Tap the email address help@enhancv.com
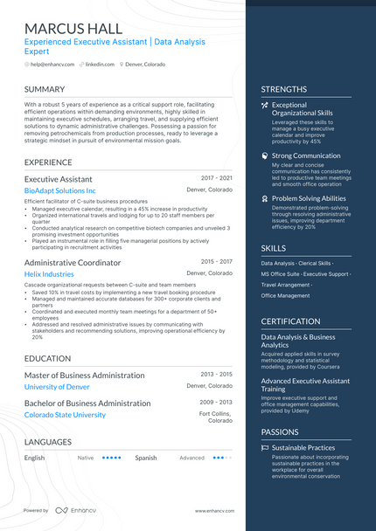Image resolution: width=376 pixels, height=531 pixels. coord(51,64)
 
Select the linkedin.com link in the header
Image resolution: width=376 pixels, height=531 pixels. coord(99,64)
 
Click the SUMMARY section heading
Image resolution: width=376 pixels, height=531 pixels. coord(44,89)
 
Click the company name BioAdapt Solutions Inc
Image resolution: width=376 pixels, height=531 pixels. coord(59,190)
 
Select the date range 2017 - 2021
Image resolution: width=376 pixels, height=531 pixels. coord(216,177)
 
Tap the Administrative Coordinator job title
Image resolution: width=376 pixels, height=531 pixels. coord(73,263)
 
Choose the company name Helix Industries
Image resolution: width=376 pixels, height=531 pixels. coord(49,274)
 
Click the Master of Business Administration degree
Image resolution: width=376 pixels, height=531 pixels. coord(84,375)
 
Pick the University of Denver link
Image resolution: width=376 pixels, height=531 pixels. coord(57,386)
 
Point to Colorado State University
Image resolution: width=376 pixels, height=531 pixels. coord(65,415)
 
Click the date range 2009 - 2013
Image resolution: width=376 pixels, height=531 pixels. coord(216,402)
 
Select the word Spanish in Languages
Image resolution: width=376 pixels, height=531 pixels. coord(146,457)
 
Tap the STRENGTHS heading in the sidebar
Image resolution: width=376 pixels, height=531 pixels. coord(283,89)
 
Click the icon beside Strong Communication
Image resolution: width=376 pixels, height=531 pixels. coord(265,155)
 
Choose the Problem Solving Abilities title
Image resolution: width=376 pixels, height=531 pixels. coord(309,198)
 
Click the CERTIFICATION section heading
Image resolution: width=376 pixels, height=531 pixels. coord(290,321)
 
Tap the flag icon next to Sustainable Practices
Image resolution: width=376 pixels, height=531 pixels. coord(265,447)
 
